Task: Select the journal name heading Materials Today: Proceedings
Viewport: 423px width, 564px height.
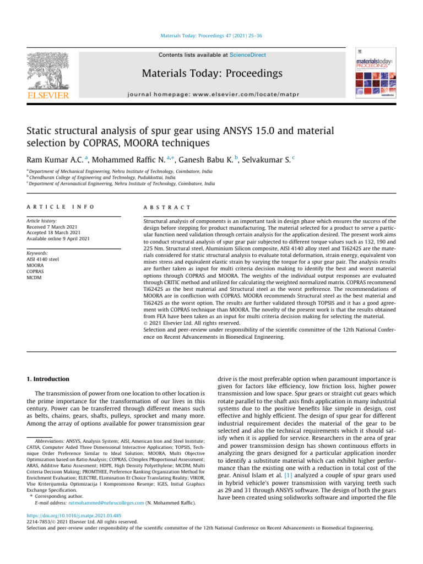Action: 212,73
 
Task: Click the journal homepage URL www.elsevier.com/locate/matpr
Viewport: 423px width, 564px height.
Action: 253,94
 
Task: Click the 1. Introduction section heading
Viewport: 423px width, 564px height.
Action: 48,379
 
